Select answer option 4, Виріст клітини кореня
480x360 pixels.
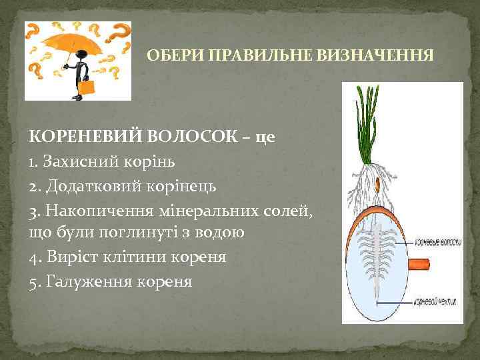[x=127, y=257]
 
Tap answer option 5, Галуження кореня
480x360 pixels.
[x=111, y=281]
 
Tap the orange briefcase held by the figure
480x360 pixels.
[x=86, y=87]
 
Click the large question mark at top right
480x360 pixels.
[x=119, y=31]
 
